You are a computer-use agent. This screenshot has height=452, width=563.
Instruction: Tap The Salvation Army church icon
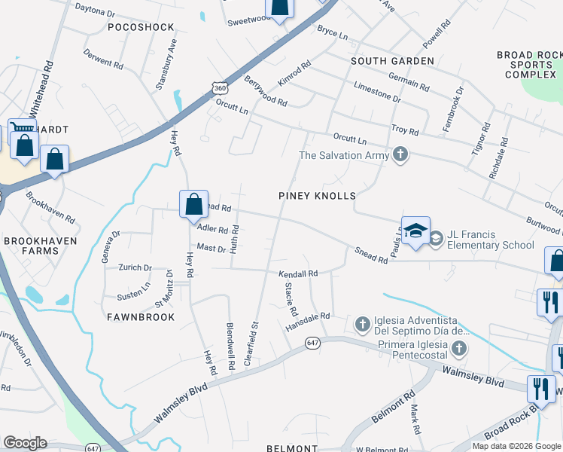(x=400, y=155)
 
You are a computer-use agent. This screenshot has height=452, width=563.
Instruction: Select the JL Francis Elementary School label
(x=491, y=240)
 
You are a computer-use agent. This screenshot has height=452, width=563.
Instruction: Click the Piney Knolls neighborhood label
(x=317, y=195)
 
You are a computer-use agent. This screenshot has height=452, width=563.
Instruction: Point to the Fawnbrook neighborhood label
(x=141, y=317)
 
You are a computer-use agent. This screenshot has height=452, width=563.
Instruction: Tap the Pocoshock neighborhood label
(x=141, y=27)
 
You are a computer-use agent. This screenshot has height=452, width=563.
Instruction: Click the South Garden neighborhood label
(x=392, y=60)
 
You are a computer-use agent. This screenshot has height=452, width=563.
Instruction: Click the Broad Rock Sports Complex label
(x=530, y=66)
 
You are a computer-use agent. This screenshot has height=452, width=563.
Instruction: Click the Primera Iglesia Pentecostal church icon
(x=458, y=348)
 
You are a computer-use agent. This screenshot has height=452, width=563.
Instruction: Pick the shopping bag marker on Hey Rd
(x=193, y=203)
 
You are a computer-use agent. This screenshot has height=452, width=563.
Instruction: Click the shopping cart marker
(x=21, y=129)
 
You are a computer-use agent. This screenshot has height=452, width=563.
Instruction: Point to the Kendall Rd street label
(x=299, y=273)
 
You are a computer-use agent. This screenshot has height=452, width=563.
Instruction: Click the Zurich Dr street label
(x=136, y=267)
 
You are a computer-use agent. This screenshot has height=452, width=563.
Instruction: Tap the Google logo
(x=25, y=442)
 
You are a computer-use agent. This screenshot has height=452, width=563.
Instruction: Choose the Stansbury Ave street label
(x=166, y=65)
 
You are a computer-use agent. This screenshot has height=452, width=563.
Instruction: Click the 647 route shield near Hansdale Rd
(x=312, y=343)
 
